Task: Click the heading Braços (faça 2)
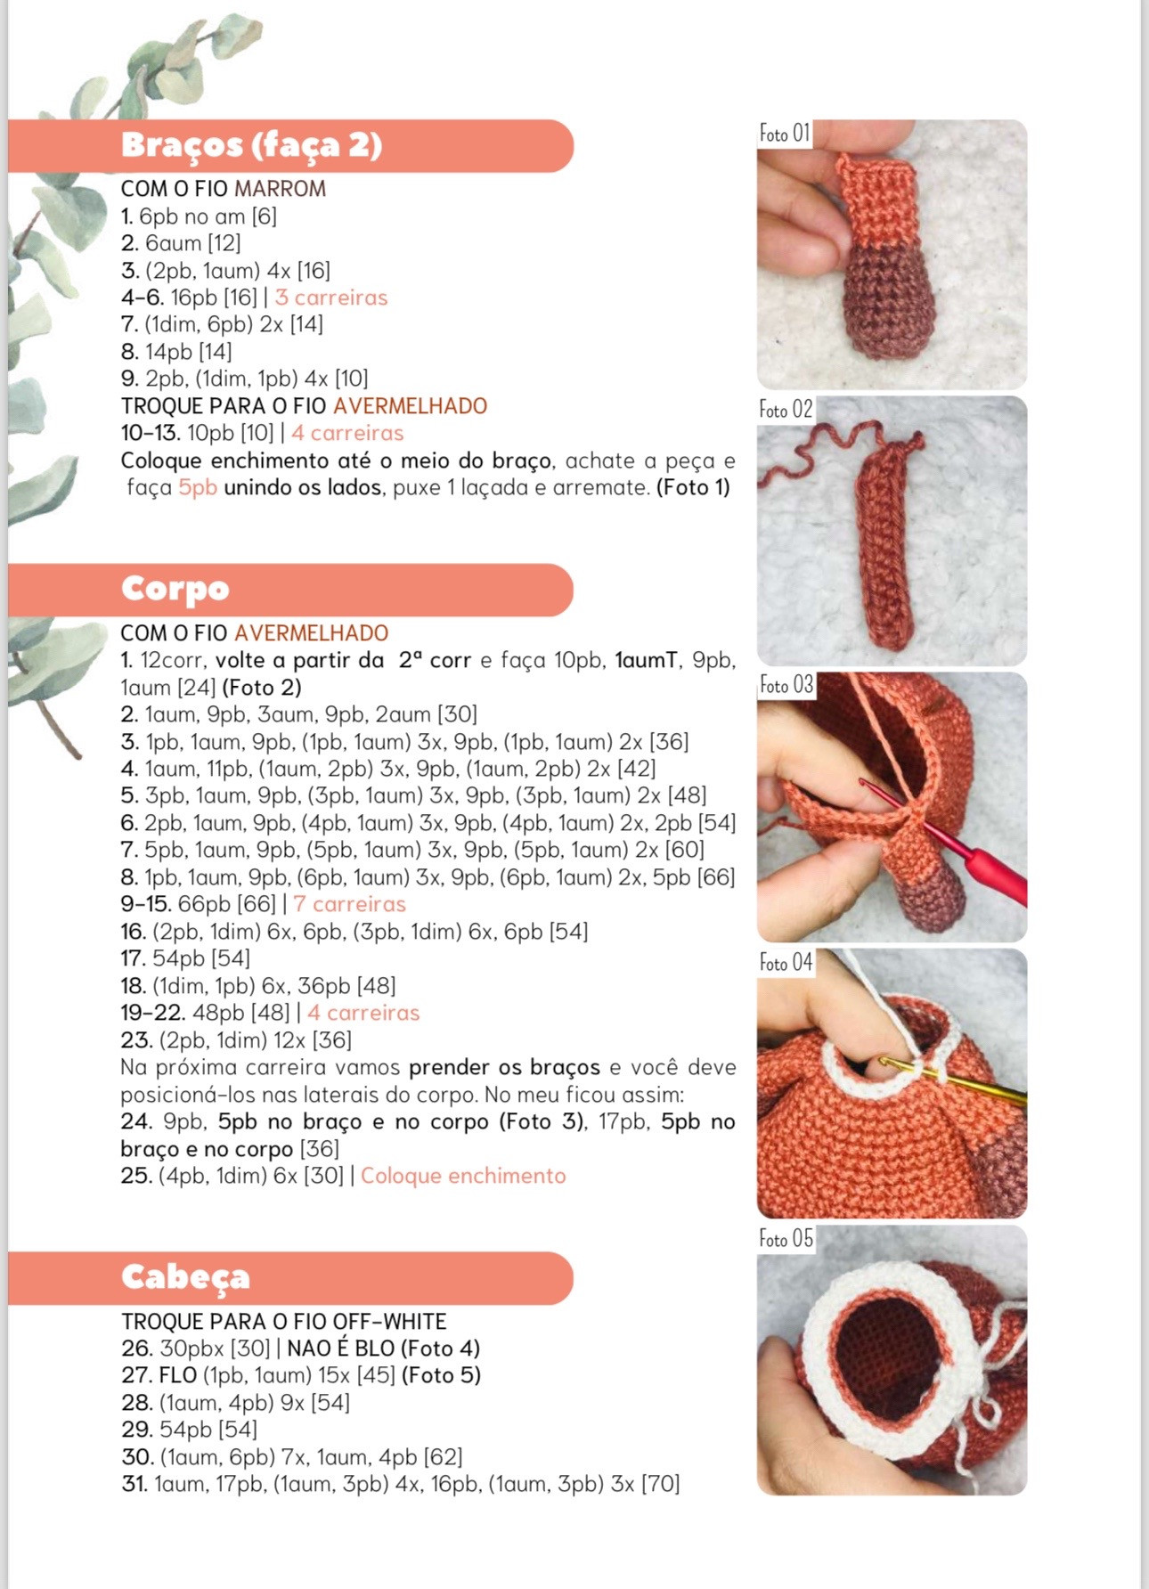click(x=251, y=145)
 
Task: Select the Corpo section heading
click(x=175, y=589)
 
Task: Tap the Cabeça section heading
click(x=185, y=1277)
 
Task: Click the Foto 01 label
click(x=785, y=134)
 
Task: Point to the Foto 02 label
click(x=786, y=410)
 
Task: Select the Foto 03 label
click(x=786, y=685)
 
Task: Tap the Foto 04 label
click(x=786, y=962)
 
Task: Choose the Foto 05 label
click(x=786, y=1238)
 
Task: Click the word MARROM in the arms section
click(x=280, y=189)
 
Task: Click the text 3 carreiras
click(x=331, y=297)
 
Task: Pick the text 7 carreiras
click(x=349, y=904)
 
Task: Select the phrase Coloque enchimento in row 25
click(x=463, y=1176)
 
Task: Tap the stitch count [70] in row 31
click(x=660, y=1484)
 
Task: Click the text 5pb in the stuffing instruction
click(x=198, y=487)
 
